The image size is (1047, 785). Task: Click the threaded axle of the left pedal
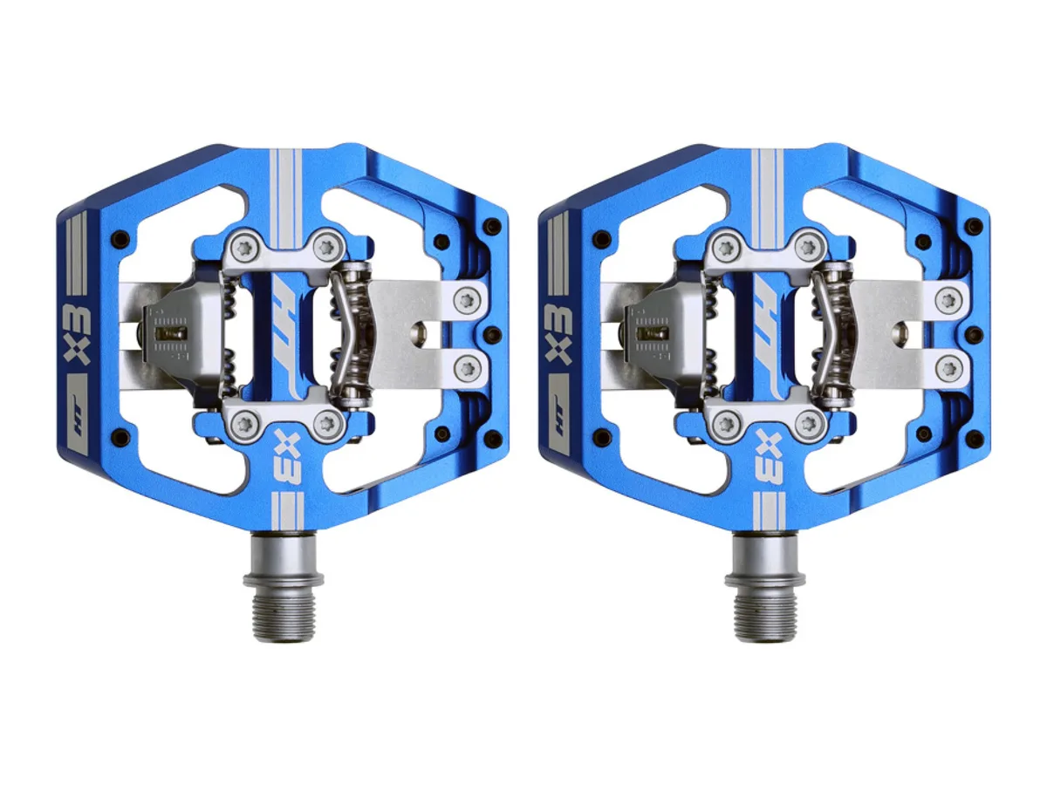pyautogui.click(x=284, y=586)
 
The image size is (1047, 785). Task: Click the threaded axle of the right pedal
pyautogui.click(x=765, y=586)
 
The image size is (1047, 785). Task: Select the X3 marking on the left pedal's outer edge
pyautogui.click(x=77, y=334)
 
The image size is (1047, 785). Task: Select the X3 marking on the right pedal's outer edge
pyautogui.click(x=558, y=334)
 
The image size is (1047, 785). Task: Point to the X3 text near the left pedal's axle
pyautogui.click(x=290, y=458)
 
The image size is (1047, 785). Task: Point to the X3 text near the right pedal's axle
pyautogui.click(x=771, y=458)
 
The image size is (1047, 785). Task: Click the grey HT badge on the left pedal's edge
pyautogui.click(x=78, y=412)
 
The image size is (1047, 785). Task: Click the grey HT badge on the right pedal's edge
pyautogui.click(x=559, y=412)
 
